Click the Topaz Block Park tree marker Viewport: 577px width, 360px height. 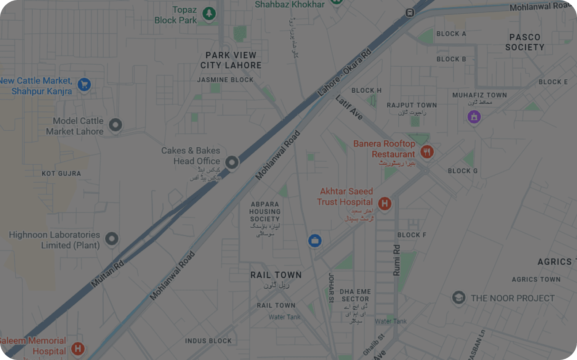click(209, 14)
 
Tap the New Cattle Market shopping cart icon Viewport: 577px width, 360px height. click(84, 84)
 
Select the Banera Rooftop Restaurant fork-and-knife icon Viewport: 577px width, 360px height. click(427, 152)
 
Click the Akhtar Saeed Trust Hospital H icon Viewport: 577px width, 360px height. click(385, 203)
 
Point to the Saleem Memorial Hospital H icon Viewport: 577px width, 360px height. click(78, 348)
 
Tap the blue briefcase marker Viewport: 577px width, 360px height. click(315, 241)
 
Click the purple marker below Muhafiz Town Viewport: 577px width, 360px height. click(474, 117)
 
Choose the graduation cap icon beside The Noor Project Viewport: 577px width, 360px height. click(458, 297)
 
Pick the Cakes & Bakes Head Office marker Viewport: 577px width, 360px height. click(232, 162)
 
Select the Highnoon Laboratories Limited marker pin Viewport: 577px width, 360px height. click(112, 239)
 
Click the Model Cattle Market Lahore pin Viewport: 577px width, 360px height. click(115, 125)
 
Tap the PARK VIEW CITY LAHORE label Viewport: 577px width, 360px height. click(231, 60)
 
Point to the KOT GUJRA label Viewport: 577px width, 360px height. click(61, 174)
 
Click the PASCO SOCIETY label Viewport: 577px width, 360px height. click(525, 42)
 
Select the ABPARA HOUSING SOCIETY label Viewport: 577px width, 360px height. click(265, 212)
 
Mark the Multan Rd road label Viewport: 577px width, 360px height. click(107, 274)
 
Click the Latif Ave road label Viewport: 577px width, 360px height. click(349, 108)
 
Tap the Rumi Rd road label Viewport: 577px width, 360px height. click(397, 260)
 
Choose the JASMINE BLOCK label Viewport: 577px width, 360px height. click(225, 80)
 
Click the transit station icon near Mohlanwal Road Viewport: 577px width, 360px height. click(410, 13)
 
